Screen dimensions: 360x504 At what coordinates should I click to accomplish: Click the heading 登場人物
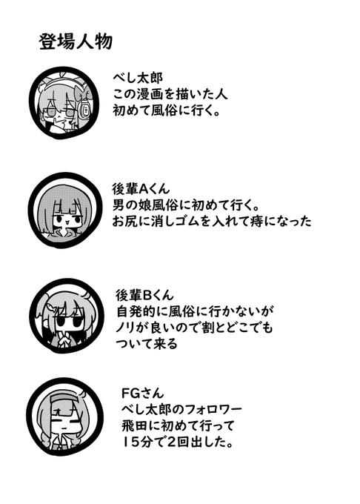click(x=76, y=42)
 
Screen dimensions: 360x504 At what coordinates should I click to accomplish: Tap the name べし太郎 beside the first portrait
click(x=138, y=78)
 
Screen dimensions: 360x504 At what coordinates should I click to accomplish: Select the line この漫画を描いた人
click(x=170, y=95)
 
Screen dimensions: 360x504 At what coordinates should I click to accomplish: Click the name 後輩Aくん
click(x=141, y=189)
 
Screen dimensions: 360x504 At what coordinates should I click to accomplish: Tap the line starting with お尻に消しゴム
click(x=212, y=222)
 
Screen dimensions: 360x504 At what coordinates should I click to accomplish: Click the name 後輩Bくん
click(x=144, y=295)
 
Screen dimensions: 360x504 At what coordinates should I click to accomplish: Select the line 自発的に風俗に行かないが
click(x=195, y=311)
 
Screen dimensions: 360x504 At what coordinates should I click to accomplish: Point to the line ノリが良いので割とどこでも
click(x=194, y=328)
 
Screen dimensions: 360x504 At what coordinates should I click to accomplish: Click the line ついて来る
click(x=147, y=344)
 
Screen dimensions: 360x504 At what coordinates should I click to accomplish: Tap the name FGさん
click(x=142, y=393)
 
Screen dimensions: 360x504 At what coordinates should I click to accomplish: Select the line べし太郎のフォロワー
click(x=181, y=409)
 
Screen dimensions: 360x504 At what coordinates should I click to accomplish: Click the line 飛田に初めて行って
click(x=179, y=426)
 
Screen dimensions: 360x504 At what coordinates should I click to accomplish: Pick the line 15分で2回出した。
click(x=177, y=442)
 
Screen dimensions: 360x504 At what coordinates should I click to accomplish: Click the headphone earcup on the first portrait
click(x=85, y=109)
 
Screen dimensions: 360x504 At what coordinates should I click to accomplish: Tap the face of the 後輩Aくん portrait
click(x=66, y=219)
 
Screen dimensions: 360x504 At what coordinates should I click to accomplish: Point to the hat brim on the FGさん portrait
click(x=65, y=398)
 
